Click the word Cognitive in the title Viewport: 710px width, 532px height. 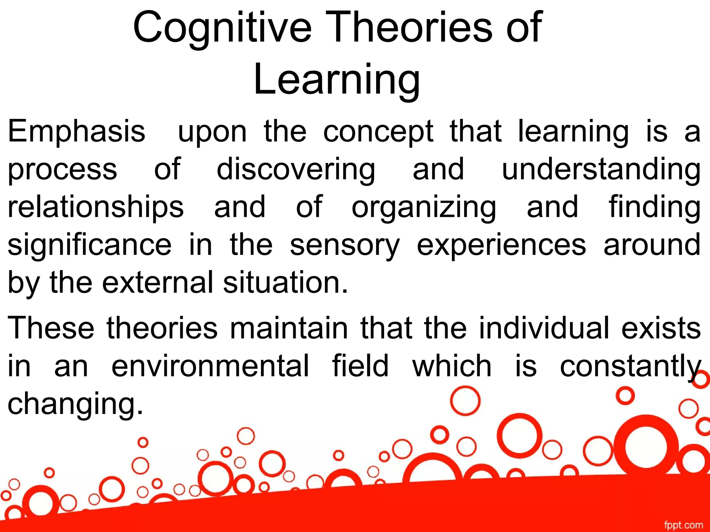(222, 28)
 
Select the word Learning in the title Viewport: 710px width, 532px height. (337, 80)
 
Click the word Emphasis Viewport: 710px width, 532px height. (76, 132)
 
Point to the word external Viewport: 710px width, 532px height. (158, 283)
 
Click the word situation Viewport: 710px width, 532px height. (285, 283)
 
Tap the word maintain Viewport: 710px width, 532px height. (289, 328)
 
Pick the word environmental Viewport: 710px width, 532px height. (210, 366)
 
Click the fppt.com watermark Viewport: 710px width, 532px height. (683, 525)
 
